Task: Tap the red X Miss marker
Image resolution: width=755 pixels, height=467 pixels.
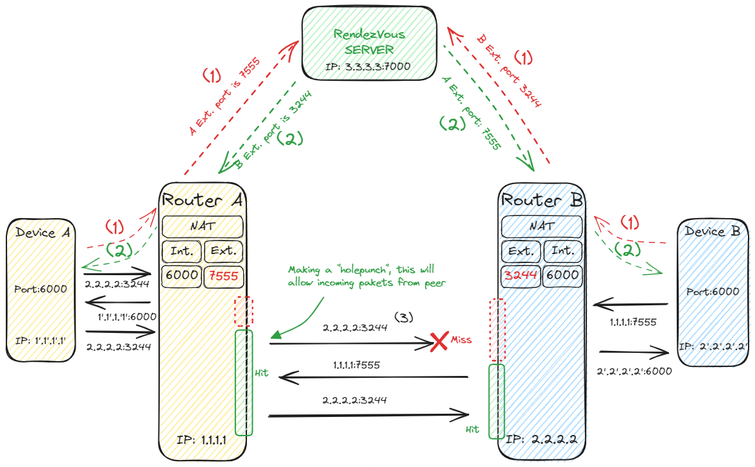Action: (x=439, y=342)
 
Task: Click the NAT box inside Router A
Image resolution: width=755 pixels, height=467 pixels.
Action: (x=202, y=226)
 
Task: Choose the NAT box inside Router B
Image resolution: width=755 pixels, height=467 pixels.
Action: (x=541, y=226)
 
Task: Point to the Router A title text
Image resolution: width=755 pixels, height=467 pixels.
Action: (x=202, y=200)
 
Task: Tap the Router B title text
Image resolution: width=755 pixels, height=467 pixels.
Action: (x=542, y=200)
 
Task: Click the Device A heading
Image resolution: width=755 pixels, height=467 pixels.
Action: (x=43, y=233)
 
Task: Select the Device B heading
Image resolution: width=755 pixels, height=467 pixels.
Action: (x=712, y=231)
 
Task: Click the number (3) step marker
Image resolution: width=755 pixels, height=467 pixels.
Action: (x=403, y=317)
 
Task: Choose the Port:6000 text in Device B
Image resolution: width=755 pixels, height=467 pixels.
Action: (x=712, y=291)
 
